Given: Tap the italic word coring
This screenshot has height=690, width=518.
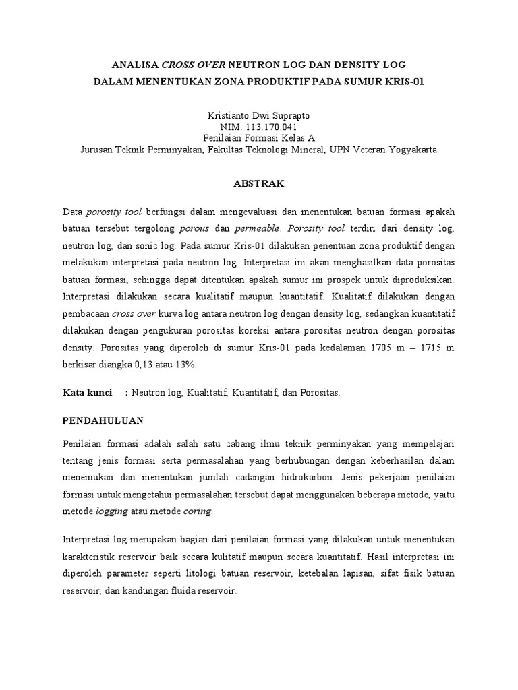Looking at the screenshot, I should (198, 511).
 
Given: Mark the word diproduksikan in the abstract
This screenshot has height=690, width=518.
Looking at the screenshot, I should (422, 279).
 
